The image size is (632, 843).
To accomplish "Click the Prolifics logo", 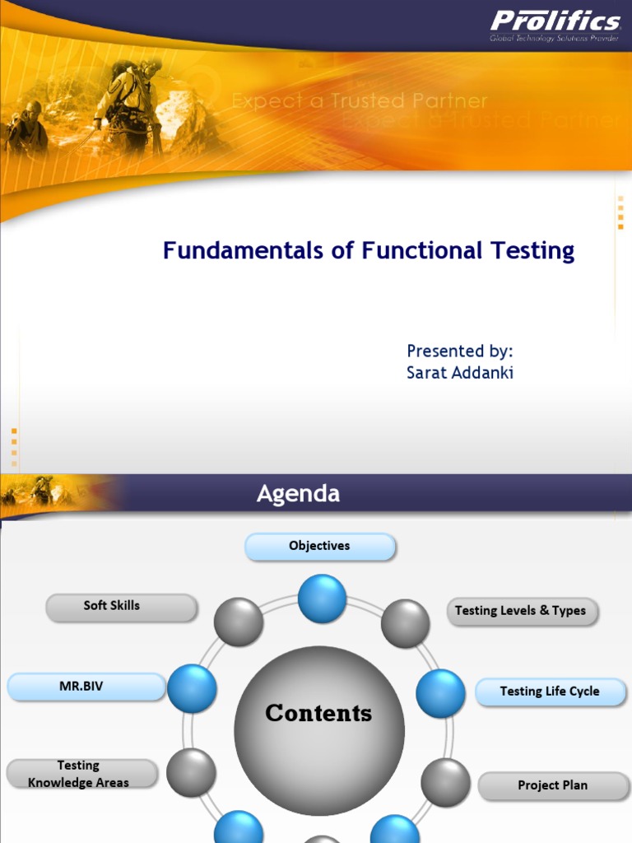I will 555,21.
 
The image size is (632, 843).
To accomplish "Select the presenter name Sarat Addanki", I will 460,372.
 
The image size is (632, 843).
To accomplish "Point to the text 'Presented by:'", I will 460,351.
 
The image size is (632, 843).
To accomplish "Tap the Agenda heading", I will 298,493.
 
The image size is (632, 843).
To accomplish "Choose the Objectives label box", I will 320,546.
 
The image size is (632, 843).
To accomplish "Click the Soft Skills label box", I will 120,606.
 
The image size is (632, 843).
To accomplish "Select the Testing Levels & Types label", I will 520,611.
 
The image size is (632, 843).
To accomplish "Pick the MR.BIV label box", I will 86,686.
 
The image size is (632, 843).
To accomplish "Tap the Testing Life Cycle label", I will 549,692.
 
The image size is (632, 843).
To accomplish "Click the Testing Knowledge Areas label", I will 79,774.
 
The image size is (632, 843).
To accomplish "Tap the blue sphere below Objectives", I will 322,598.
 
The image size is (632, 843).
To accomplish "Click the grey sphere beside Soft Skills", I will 239,622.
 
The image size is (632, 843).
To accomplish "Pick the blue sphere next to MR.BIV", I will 192,689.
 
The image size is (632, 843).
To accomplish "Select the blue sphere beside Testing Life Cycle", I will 440,693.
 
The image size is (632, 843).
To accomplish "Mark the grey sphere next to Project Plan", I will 445,782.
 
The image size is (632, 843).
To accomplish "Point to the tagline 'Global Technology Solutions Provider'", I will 554,38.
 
